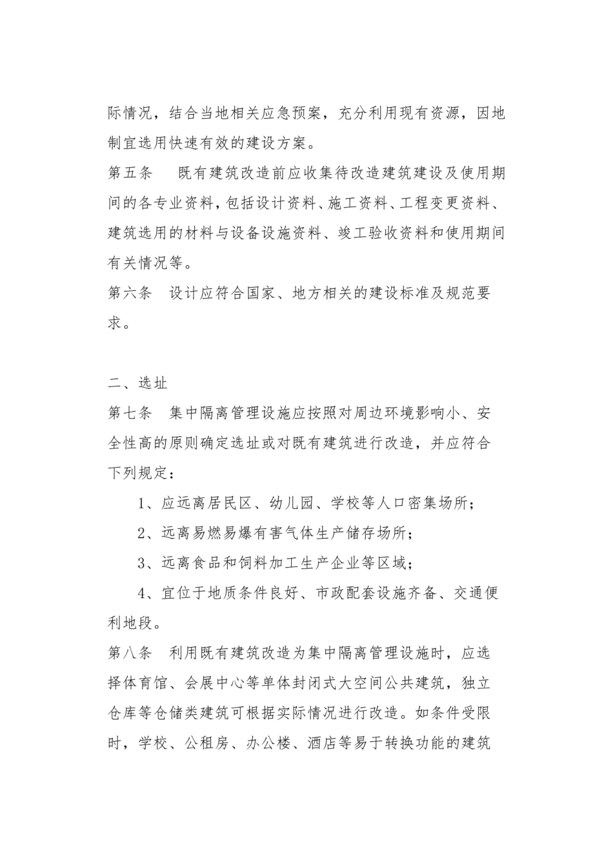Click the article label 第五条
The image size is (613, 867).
pos(130,173)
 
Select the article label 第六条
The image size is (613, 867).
pos(130,293)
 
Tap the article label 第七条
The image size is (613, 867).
pos(130,413)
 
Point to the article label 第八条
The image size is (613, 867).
pos(130,652)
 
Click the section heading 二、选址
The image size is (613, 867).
pos(137,383)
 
